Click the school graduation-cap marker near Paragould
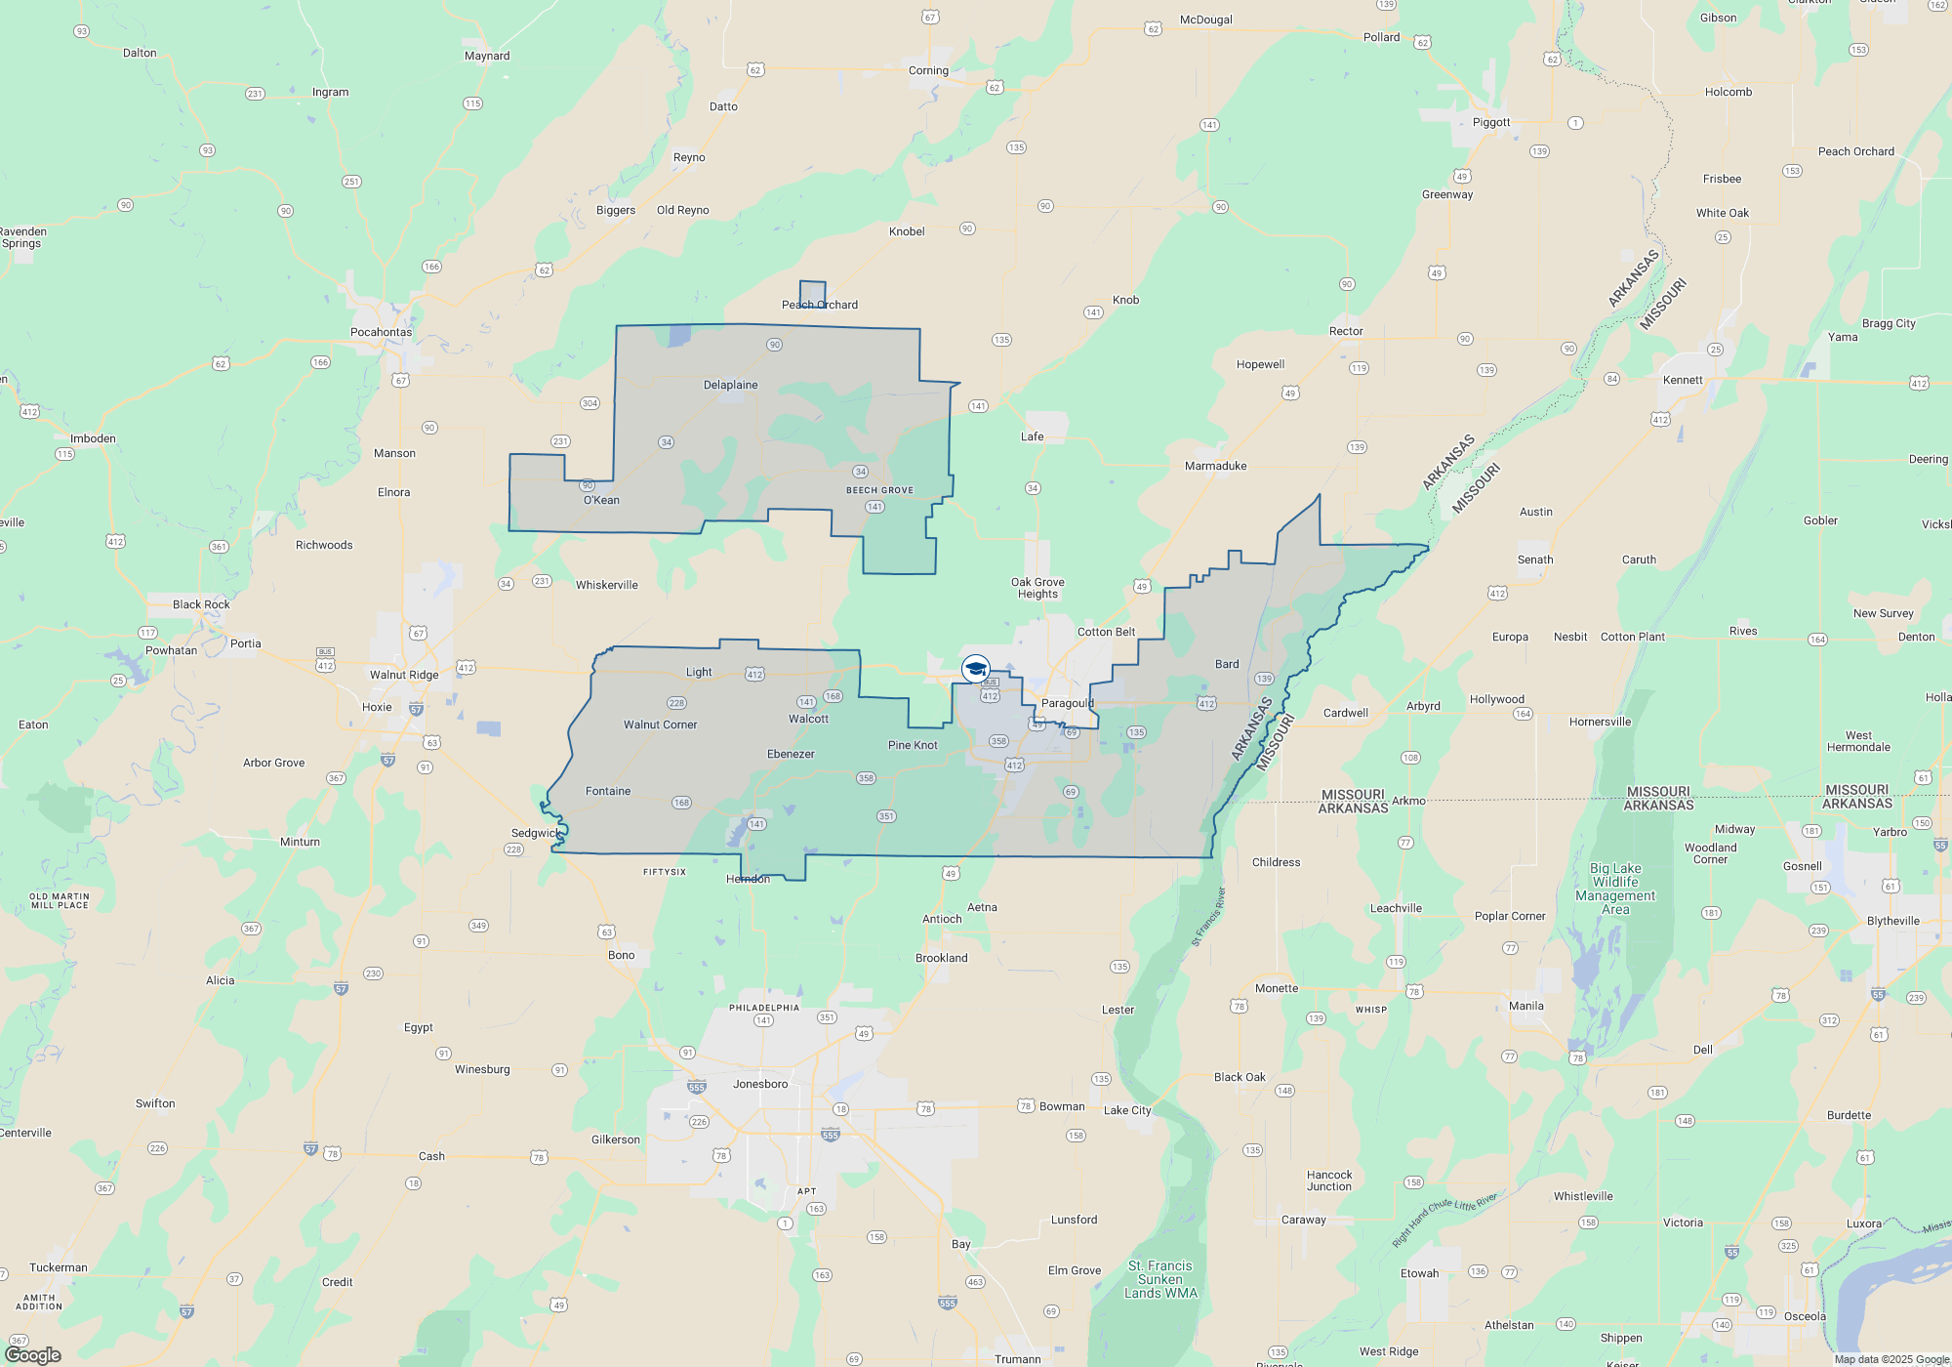point(975,669)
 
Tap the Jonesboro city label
point(759,1084)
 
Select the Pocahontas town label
point(381,332)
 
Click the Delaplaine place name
point(730,385)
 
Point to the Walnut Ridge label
point(404,675)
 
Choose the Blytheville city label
point(1892,921)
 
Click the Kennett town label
point(1683,380)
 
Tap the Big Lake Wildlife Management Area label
point(1615,889)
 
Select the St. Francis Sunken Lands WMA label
point(1160,1279)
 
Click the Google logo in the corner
point(33,1354)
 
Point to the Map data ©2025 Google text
point(1891,1359)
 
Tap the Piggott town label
point(1491,122)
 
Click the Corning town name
point(928,70)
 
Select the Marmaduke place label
point(1215,466)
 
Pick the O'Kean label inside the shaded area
point(601,500)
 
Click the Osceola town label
point(1805,1316)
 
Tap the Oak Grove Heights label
point(1037,588)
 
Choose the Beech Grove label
point(879,490)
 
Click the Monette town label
point(1277,988)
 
